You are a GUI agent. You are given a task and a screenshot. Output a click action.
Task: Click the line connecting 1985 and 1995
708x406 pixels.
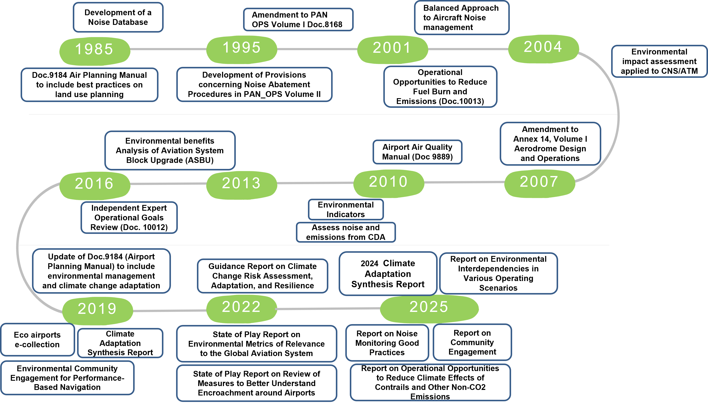click(x=168, y=49)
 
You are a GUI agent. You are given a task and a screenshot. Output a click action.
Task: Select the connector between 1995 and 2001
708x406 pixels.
click(x=317, y=49)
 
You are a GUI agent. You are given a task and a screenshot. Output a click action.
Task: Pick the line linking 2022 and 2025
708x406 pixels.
click(x=328, y=309)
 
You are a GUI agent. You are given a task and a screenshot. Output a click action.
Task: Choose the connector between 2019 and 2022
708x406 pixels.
click(x=169, y=311)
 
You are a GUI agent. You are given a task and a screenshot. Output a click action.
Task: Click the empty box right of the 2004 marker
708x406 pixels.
click(x=659, y=61)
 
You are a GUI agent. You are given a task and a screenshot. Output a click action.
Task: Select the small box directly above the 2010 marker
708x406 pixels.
click(x=417, y=152)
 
